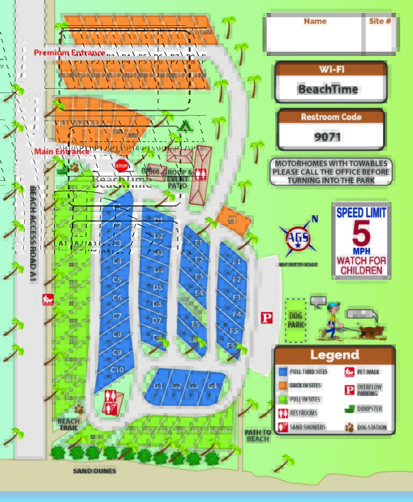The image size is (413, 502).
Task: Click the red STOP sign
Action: (122, 165)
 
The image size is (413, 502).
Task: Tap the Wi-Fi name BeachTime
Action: (328, 89)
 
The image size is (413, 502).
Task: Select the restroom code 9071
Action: (328, 137)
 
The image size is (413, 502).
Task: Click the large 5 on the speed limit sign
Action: (361, 233)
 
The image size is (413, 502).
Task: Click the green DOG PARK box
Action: (295, 321)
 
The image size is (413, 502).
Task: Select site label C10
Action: (117, 370)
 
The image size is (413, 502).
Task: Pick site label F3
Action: (236, 297)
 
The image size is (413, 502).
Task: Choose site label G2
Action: (176, 386)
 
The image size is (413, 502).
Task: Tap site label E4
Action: (199, 293)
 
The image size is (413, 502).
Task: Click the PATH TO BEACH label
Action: (258, 435)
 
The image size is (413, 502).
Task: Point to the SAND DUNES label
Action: (95, 471)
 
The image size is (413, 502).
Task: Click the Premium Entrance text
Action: (69, 53)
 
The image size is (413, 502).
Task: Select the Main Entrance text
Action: (62, 152)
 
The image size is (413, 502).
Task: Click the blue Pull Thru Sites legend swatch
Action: (283, 372)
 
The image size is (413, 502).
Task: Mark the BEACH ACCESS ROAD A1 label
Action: (33, 231)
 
